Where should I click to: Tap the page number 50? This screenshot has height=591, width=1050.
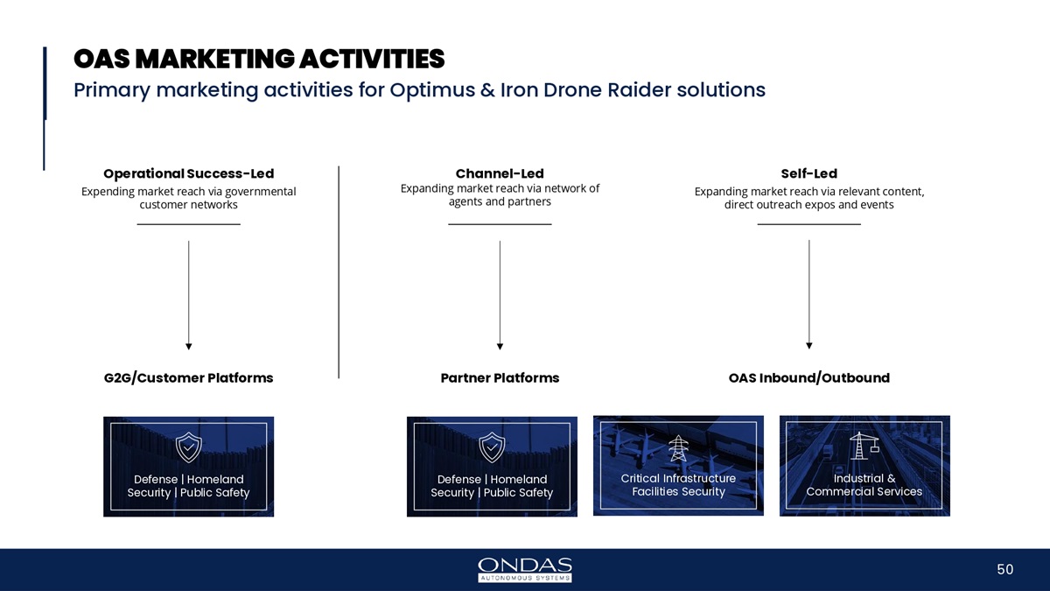pyautogui.click(x=1004, y=570)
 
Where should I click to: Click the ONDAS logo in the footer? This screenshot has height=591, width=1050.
pyautogui.click(x=525, y=569)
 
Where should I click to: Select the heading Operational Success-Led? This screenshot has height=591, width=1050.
pyautogui.click(x=188, y=173)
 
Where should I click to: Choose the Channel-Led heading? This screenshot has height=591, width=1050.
pyautogui.click(x=500, y=173)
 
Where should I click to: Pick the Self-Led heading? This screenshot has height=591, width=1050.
pyautogui.click(x=808, y=173)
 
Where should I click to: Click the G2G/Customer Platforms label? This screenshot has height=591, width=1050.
pyautogui.click(x=188, y=378)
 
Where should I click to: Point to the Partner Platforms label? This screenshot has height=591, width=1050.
pyautogui.click(x=500, y=378)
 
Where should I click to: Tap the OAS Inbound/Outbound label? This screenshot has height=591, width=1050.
pyautogui.click(x=808, y=378)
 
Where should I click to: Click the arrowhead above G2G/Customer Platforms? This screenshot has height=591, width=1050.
pyautogui.click(x=189, y=345)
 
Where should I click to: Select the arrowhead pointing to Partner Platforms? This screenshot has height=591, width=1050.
pyautogui.click(x=500, y=345)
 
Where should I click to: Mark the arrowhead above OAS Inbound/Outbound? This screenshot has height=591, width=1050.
pyautogui.click(x=809, y=345)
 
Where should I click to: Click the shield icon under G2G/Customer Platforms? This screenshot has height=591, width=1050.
pyautogui.click(x=189, y=447)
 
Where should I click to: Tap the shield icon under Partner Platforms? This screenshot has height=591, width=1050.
pyautogui.click(x=493, y=447)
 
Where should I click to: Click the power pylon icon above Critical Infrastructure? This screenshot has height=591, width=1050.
pyautogui.click(x=678, y=447)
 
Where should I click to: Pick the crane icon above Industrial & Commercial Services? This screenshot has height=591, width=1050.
pyautogui.click(x=864, y=447)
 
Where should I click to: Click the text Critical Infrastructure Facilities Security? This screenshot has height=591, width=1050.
pyautogui.click(x=678, y=485)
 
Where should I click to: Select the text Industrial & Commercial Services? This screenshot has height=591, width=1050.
pyautogui.click(x=864, y=485)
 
